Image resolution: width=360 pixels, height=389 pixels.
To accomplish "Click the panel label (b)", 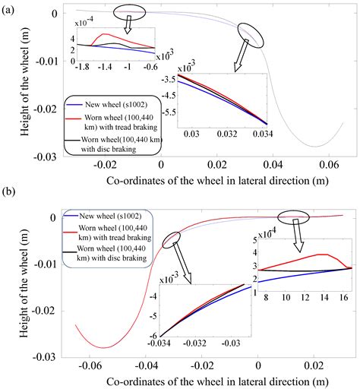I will coord(10,200).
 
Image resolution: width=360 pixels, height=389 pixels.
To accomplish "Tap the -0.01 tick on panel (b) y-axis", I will coord(51,262).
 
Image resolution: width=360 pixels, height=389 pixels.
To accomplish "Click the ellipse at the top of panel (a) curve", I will coord(127,12).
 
